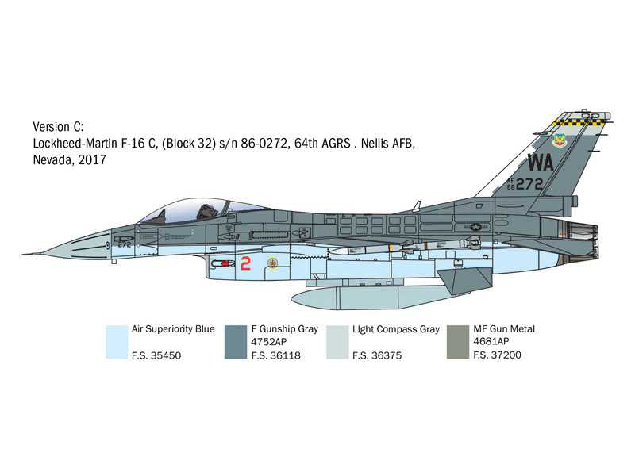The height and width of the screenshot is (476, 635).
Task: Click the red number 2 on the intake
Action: point(245,264)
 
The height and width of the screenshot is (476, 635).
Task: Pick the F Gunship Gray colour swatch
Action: point(236,342)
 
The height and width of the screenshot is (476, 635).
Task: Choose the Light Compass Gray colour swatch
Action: point(337,342)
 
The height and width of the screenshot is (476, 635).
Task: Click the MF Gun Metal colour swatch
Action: point(458,342)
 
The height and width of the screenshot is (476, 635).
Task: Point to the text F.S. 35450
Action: point(157,355)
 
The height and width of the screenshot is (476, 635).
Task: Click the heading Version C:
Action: point(58,127)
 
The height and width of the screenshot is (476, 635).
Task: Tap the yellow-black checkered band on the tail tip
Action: point(580,121)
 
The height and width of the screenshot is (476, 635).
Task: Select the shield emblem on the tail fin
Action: point(561,141)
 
